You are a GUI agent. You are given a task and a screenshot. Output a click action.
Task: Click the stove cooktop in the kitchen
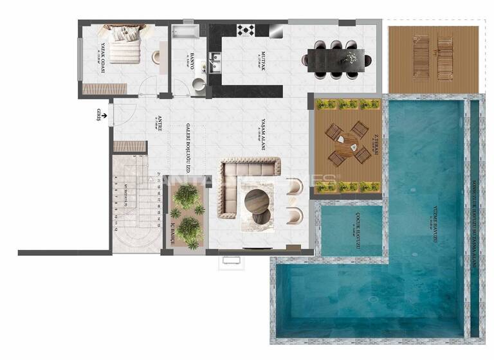pyautogui.click(x=246, y=30)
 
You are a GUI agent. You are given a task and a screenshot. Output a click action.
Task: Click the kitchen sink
pyautogui.click(x=214, y=60)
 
